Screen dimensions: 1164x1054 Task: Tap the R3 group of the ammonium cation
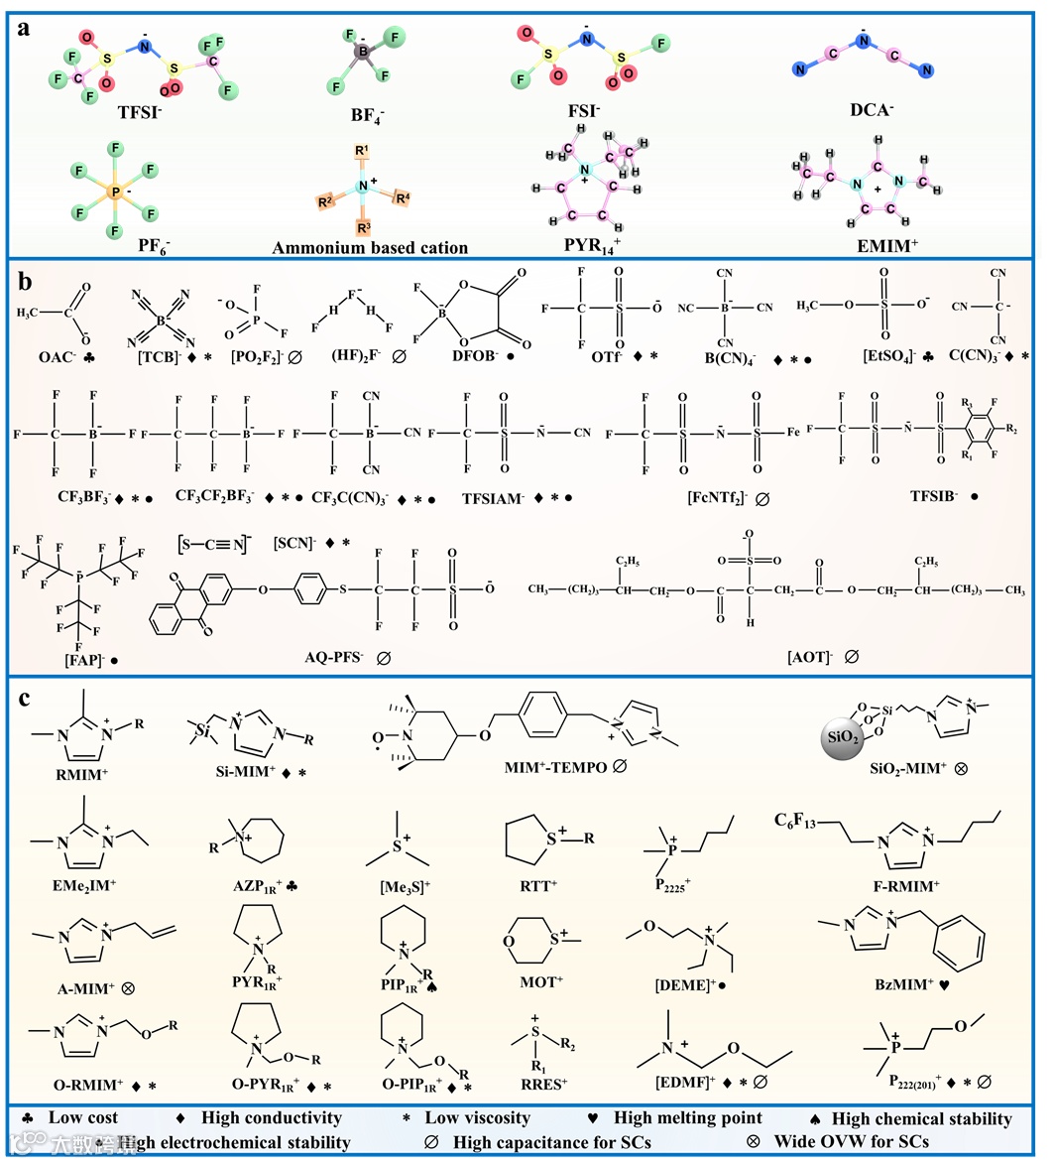(x=362, y=226)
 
